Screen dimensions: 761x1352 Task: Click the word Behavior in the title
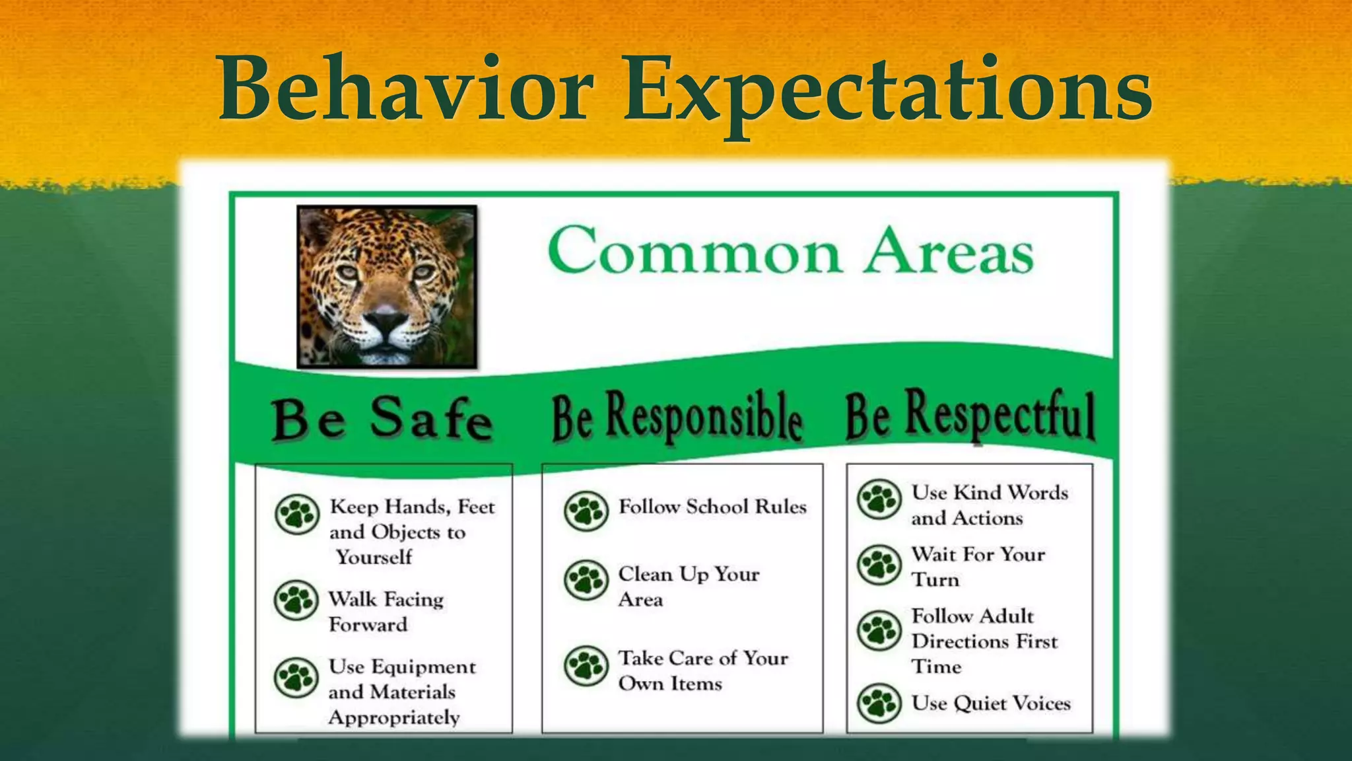[x=405, y=89]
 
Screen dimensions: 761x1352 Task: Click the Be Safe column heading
[x=382, y=419]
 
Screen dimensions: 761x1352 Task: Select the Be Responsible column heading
[x=677, y=417]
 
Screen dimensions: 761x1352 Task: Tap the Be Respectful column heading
[x=970, y=415]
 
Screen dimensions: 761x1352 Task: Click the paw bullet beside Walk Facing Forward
[x=296, y=600]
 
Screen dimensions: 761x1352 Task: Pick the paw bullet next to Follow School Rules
[x=586, y=511]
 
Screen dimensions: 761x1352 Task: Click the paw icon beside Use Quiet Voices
[x=879, y=703]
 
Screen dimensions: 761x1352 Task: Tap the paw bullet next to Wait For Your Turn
[x=879, y=565]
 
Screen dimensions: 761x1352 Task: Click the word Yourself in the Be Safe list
[x=374, y=557]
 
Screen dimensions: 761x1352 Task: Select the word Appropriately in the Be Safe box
[x=394, y=717]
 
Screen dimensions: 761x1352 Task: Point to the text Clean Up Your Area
[x=688, y=586]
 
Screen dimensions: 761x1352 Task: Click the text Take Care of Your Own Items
[x=702, y=670]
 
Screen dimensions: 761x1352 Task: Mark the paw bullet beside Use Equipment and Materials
[x=296, y=678]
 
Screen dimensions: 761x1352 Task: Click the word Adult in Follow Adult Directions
[x=1005, y=616]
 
